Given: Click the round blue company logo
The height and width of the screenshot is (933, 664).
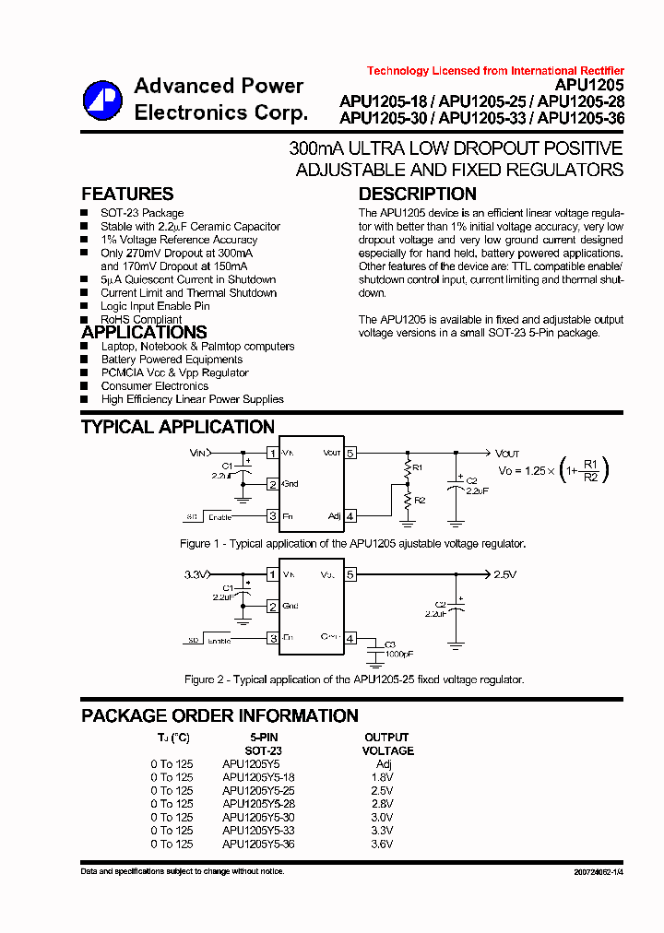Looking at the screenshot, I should [102, 100].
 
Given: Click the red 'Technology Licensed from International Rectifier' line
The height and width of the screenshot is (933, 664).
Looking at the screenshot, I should [495, 71].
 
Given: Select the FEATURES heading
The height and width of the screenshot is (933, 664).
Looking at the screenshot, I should [127, 194].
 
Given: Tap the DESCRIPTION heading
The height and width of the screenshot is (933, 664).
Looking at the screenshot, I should [417, 194].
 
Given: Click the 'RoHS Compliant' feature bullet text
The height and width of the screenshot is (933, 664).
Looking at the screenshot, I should [141, 320].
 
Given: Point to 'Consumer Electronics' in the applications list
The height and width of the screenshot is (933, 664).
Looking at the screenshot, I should [154, 386].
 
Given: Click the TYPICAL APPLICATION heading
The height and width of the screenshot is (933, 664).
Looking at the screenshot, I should [178, 427].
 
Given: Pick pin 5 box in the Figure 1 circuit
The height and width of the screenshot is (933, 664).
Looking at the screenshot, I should [350, 453].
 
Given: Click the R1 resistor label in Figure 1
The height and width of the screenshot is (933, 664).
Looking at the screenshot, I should [417, 468].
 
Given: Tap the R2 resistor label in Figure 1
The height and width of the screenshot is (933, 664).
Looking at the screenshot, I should [419, 500].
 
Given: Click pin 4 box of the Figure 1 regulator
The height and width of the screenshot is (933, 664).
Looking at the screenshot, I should [350, 516].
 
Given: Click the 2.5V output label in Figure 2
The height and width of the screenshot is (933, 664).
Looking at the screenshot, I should [504, 574].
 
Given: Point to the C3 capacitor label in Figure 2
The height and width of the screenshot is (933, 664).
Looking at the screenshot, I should [389, 644].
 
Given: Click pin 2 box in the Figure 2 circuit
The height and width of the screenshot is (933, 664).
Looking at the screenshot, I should [272, 606].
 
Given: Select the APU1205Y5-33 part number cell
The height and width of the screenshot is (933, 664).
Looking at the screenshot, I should [258, 831].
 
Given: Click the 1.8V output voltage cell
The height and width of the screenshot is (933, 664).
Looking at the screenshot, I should [384, 777].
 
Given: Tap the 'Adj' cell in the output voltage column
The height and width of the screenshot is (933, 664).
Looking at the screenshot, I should [384, 764].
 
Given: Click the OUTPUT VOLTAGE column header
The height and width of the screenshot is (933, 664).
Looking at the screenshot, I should [387, 744].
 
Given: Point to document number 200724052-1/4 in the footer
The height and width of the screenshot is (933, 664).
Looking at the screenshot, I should [591, 871].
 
